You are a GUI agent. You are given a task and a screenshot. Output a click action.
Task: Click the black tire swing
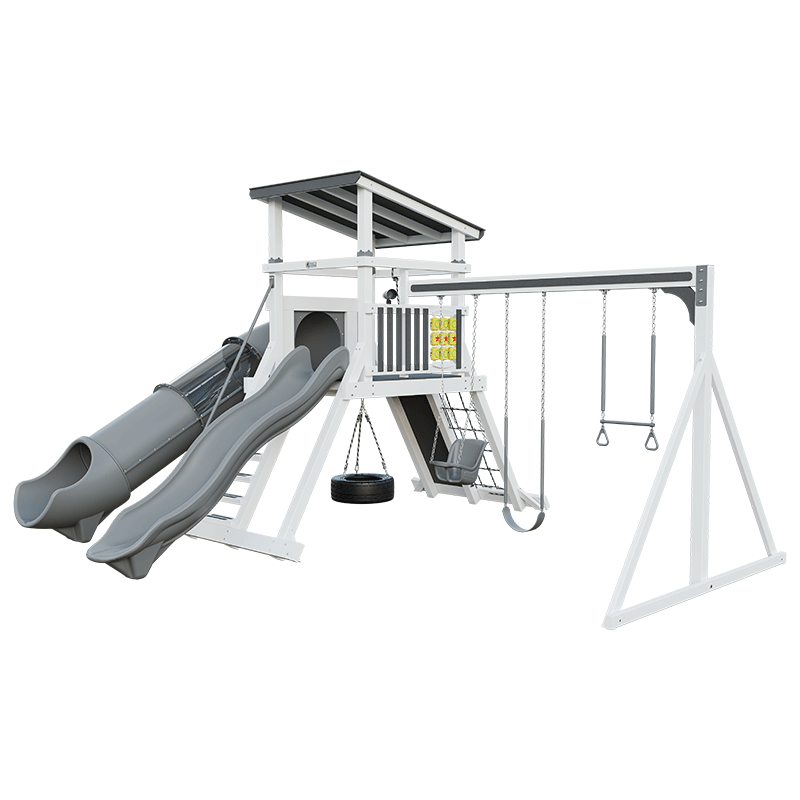(x=362, y=488)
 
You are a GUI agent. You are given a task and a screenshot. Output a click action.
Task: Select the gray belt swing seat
(x=525, y=519)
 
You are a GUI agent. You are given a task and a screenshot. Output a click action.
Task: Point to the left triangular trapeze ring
(x=605, y=436)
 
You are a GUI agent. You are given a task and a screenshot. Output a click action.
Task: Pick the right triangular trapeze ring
(x=652, y=439)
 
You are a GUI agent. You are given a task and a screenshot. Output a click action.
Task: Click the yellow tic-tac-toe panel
(x=443, y=337)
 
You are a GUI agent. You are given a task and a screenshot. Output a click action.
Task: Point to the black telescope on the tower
(x=391, y=293)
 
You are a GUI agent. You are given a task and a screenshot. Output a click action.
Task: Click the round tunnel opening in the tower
(x=316, y=335)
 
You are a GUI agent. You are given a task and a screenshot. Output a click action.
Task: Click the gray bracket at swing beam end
(x=689, y=300)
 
